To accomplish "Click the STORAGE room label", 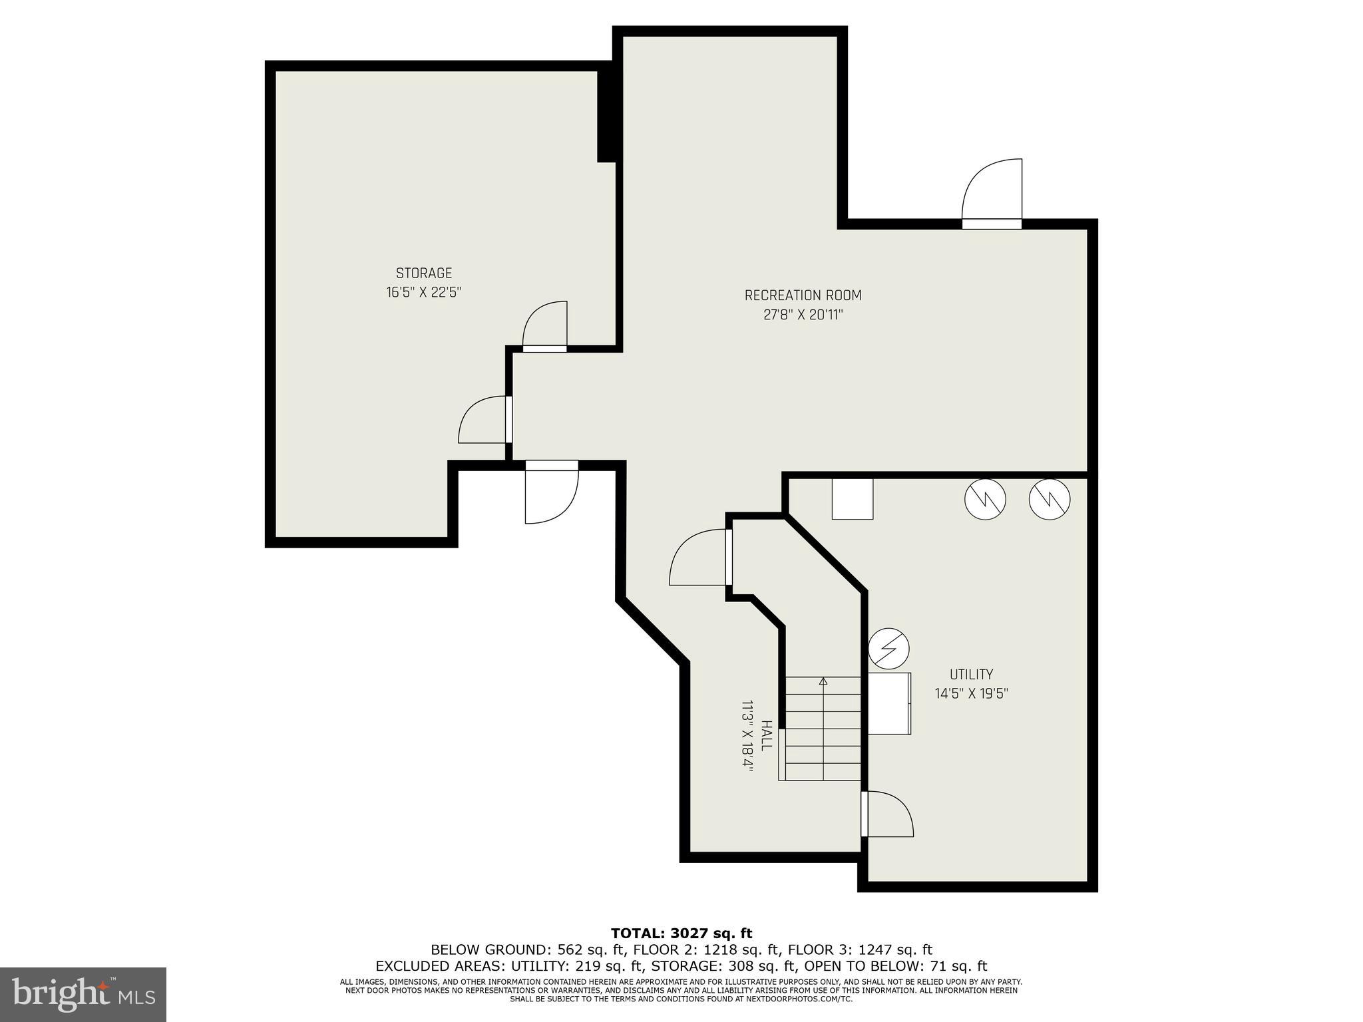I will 424,273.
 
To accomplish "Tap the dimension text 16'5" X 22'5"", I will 424,292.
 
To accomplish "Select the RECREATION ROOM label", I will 803,295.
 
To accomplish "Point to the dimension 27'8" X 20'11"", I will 803,315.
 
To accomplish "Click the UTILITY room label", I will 971,674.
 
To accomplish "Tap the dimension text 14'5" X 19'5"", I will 971,693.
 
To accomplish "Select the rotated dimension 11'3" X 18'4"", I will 747,735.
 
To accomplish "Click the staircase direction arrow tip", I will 823,680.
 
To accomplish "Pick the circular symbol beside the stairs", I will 888,648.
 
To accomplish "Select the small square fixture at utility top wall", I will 853,499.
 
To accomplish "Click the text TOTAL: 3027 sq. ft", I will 681,934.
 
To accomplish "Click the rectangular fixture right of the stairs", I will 889,703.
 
